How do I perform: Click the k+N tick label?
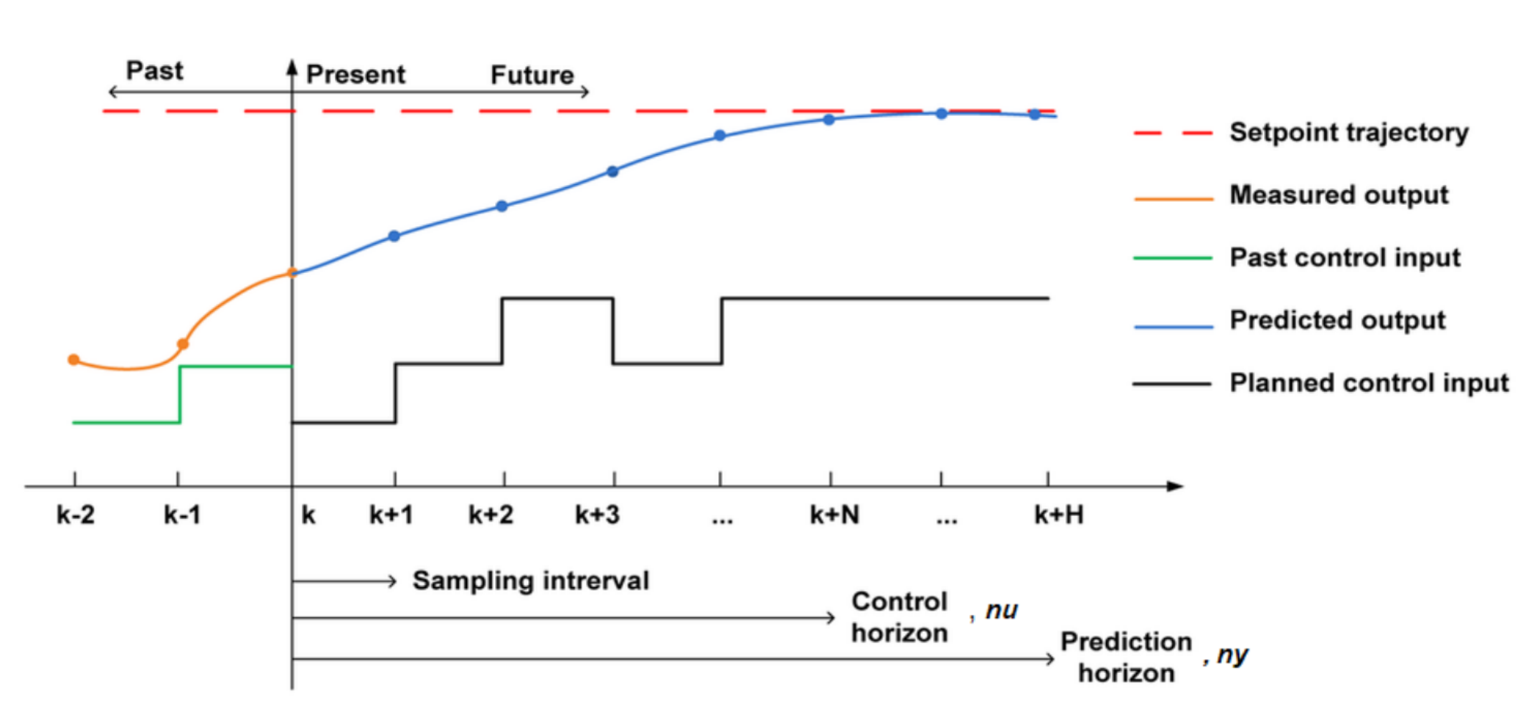pos(834,515)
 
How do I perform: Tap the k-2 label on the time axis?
pos(76,515)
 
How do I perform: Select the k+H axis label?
pos(1058,515)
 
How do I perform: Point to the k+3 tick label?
pos(597,515)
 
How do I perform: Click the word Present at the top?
pos(355,74)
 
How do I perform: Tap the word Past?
pos(154,70)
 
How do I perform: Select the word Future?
pos(532,75)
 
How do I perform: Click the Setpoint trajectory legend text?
pos(1348,132)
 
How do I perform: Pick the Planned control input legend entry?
pos(1368,382)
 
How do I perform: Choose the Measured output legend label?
pos(1338,195)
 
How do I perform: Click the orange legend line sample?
pos(1173,198)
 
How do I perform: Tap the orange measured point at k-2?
pos(73,360)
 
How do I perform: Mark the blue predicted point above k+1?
pos(394,236)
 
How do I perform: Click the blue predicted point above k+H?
pos(1034,115)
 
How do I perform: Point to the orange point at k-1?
pos(183,344)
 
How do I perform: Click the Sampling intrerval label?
pos(530,581)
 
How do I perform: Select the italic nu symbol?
pos(1001,610)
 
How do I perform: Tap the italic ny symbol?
pos(1232,654)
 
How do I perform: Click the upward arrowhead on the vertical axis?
pos(292,68)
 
